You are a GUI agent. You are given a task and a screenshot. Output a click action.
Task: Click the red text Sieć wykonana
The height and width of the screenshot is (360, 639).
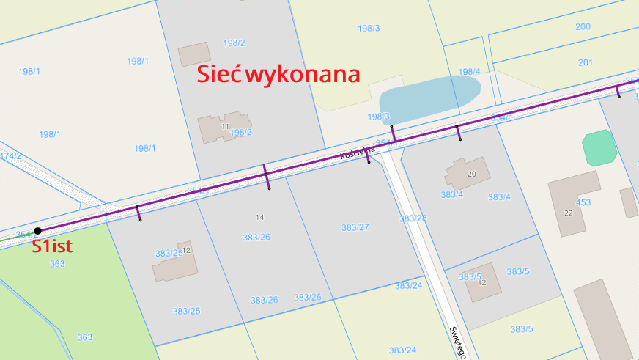tap(278, 74)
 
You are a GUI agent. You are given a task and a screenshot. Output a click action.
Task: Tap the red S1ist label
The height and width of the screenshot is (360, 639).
tap(52, 246)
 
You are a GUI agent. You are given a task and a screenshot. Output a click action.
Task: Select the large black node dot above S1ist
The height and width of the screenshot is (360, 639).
tap(37, 231)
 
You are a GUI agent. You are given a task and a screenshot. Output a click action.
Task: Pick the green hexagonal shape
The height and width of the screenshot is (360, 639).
tap(599, 147)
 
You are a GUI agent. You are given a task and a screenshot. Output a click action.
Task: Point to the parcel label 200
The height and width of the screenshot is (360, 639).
tap(583, 26)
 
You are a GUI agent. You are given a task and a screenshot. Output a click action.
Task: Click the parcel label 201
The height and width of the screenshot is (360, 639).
tap(585, 62)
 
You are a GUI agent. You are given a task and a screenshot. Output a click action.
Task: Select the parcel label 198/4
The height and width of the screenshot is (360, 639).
tap(469, 72)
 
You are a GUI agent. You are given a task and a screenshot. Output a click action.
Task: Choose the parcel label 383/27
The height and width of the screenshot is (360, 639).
tap(355, 227)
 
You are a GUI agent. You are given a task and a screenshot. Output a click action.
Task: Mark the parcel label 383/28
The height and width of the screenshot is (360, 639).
tap(413, 218)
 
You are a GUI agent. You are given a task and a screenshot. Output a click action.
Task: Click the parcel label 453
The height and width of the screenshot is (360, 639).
tap(583, 202)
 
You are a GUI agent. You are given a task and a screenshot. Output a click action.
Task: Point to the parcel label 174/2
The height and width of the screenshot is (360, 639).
tap(10, 156)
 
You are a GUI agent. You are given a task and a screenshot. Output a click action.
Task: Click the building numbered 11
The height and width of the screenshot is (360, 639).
tap(226, 125)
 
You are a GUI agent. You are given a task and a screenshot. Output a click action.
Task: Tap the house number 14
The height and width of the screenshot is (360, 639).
tap(259, 217)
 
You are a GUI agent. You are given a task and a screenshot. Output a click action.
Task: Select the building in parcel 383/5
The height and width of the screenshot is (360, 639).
tap(482, 281)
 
